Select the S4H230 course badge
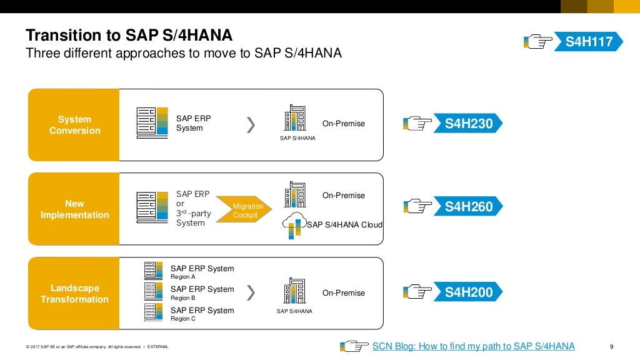coord(469,124)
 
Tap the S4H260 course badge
coord(469,207)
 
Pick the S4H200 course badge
coord(469,292)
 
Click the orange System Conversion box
coord(74,125)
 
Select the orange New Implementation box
coord(74,209)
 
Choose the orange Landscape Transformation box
coord(74,294)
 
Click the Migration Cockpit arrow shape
coord(246,211)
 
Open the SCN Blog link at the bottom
coord(473,346)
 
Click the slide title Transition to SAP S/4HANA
coord(129,35)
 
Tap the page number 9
coord(611,347)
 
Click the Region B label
coord(183,298)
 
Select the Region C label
coord(183,319)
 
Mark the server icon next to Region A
coord(153,270)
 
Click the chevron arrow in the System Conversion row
coord(251,125)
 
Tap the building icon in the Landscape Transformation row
coord(294,291)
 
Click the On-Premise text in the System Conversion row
coord(343,124)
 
